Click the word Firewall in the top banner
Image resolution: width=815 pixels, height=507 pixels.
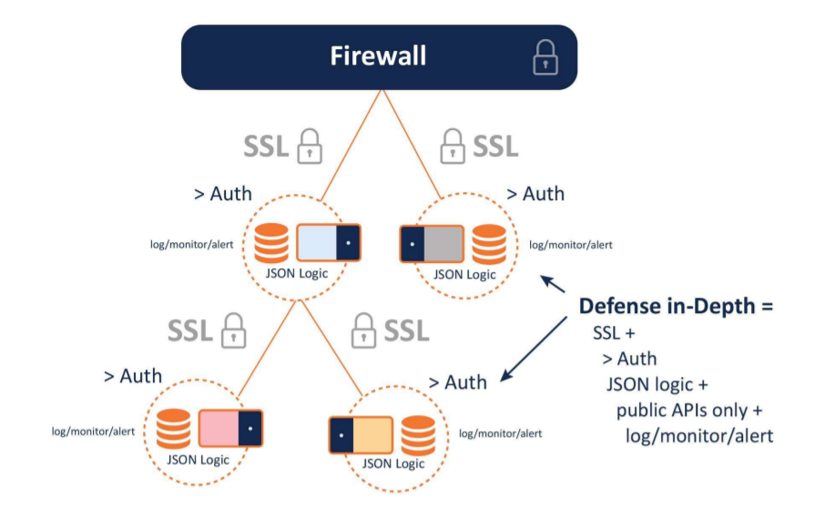coord(378,56)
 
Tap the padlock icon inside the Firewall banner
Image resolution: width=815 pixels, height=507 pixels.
coord(544,57)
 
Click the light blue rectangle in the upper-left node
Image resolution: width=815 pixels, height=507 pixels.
coord(318,244)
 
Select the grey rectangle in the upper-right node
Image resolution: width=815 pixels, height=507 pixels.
coord(444,245)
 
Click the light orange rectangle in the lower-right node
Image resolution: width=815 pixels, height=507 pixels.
coord(371,435)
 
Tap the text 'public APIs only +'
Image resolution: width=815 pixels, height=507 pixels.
coord(687,410)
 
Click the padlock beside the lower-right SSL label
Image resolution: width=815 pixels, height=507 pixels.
coord(364,329)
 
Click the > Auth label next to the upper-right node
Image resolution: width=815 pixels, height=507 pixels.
coord(535,194)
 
